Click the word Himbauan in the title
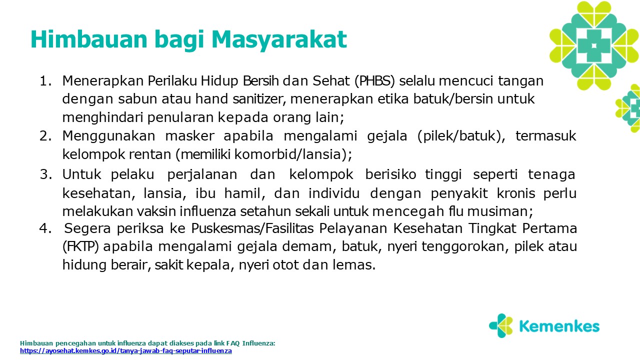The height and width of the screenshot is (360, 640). coord(89,39)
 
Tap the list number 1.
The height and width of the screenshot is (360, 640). coord(45,81)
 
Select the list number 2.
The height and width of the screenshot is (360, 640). coord(45,136)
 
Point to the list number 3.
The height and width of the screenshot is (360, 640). coord(45,174)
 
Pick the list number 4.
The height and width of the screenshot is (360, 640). coord(45,228)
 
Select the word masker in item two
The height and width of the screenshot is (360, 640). coord(189,136)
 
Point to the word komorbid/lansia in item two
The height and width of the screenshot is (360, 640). coord(287,154)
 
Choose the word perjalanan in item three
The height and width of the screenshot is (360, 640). coord(202,175)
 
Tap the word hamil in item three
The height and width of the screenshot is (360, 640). coord(244,193)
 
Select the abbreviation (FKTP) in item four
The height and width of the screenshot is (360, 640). coord(80,247)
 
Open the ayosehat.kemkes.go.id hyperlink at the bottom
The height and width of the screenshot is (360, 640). coord(125,351)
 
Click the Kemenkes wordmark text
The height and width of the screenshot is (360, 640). coord(559,326)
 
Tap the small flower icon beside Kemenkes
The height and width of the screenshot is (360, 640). coord(501,325)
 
